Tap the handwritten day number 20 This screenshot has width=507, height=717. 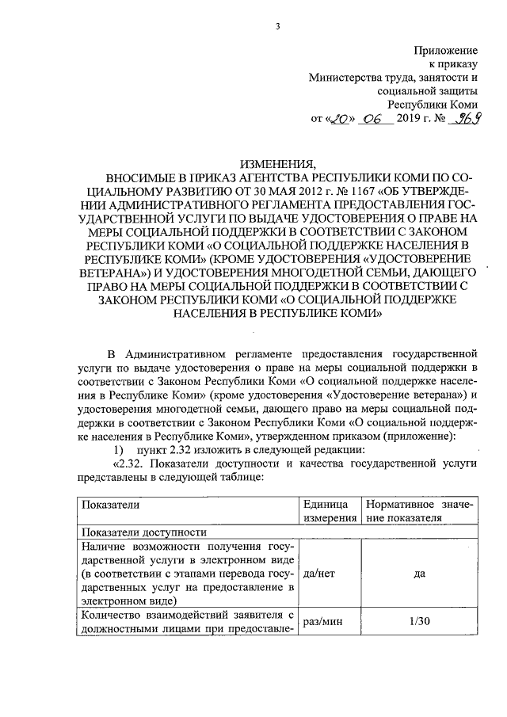(340, 120)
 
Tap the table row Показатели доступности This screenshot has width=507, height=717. (132, 532)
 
